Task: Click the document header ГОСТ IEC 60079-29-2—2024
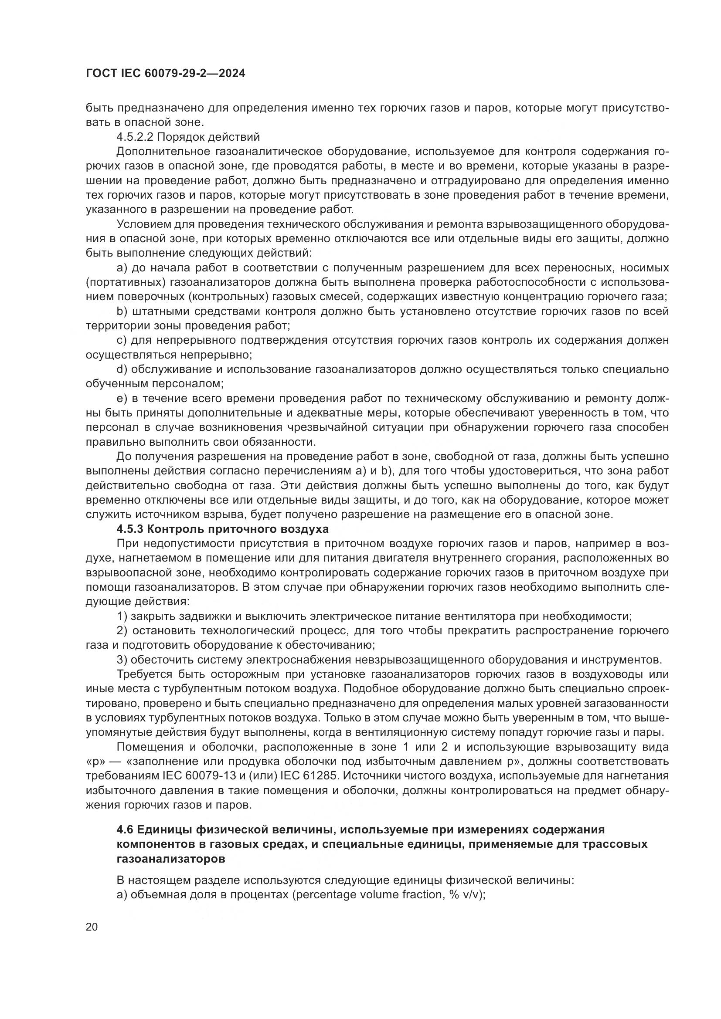coord(165,74)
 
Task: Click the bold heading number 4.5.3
coord(129,529)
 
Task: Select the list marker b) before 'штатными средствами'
coord(122,311)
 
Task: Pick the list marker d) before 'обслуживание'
coord(122,369)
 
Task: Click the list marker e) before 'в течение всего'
coord(122,399)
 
